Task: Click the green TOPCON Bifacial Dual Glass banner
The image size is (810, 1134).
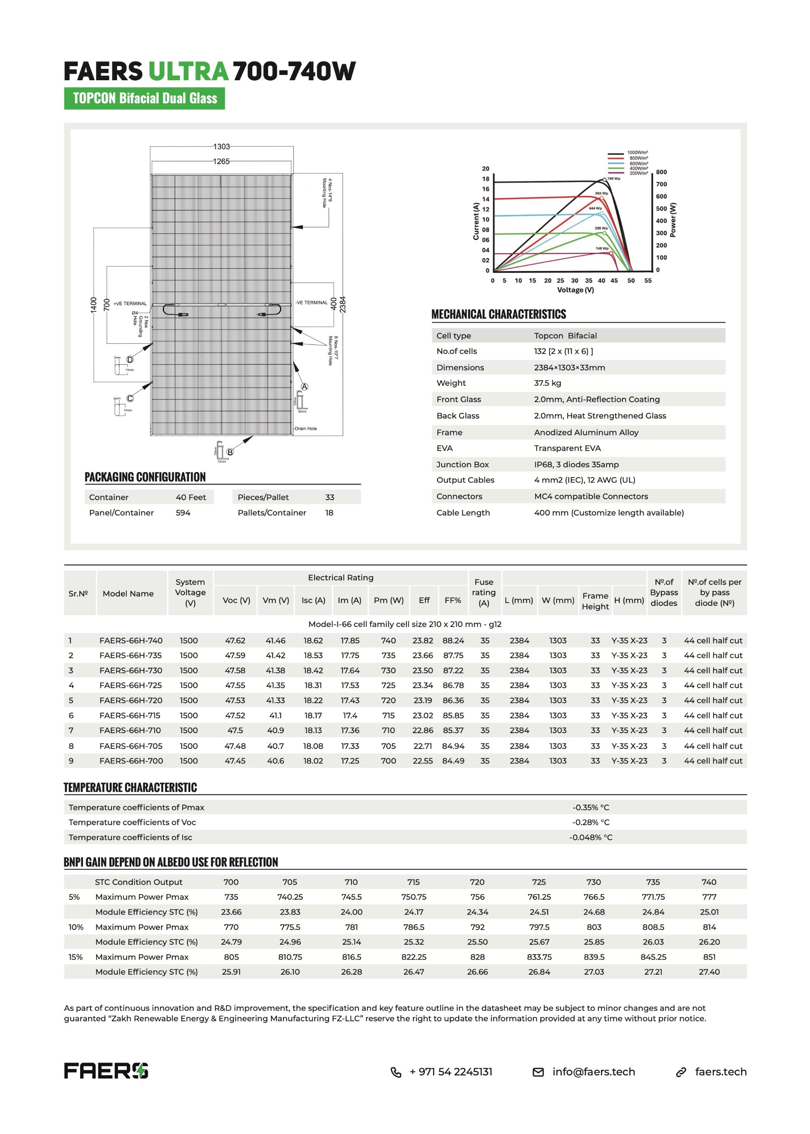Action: pos(144,98)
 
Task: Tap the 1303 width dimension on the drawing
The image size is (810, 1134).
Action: pos(222,147)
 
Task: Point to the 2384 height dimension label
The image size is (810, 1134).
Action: pos(343,304)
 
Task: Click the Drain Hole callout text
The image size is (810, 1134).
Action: pos(305,429)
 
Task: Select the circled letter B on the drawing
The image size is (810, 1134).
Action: pos(230,452)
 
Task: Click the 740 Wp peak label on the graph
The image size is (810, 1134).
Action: pos(614,179)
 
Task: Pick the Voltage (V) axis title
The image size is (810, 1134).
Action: pos(575,290)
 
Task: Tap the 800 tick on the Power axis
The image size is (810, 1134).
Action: pos(661,172)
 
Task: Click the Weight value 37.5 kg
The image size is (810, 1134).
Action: pos(547,383)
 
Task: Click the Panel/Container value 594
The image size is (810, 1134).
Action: pos(183,513)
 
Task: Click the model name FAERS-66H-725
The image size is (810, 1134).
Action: pos(131,685)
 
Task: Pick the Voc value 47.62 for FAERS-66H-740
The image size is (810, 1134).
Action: pos(235,640)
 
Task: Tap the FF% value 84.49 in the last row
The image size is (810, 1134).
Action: pos(453,761)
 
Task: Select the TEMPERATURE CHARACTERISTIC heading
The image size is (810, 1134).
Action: pos(130,787)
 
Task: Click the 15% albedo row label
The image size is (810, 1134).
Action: pos(76,957)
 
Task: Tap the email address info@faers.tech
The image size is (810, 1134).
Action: pos(594,1072)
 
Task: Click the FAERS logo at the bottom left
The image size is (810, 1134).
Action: pos(106,1071)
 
